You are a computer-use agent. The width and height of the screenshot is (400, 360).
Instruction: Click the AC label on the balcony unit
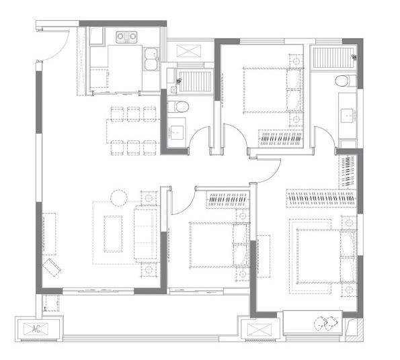tap(36, 329)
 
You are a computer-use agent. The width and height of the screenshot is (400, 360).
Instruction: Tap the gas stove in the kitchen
tap(126, 37)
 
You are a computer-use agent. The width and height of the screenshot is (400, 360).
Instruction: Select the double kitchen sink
tap(151, 59)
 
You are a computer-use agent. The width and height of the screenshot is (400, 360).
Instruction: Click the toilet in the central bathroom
tap(178, 107)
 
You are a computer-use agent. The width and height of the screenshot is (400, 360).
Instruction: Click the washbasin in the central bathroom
tap(177, 132)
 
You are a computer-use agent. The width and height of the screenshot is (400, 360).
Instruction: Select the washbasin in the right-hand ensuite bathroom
tap(347, 115)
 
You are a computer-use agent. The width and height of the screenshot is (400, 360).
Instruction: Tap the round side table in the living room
tap(119, 198)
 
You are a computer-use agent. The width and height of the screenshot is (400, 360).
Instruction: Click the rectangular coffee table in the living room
tap(113, 234)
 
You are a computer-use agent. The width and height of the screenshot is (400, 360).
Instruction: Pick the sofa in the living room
tap(146, 234)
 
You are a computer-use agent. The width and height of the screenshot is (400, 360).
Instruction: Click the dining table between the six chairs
tap(133, 131)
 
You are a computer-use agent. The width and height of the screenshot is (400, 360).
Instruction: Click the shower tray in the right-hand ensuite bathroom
tap(333, 58)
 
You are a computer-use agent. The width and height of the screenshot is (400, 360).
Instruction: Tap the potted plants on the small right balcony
tap(326, 323)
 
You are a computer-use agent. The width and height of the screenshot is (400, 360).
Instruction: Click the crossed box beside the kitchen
tap(189, 50)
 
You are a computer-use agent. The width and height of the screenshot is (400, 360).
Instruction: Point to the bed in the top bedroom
tap(273, 90)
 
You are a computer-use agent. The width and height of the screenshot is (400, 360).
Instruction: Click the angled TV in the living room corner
tap(52, 267)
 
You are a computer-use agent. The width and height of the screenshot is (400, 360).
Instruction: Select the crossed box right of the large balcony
tap(259, 330)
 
